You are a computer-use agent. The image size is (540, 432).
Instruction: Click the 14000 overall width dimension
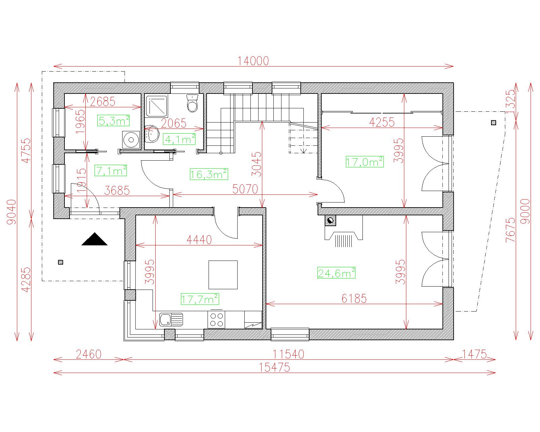(253, 61)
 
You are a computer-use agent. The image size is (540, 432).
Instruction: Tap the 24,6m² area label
(336, 273)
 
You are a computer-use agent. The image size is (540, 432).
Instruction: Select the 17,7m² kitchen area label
(200, 299)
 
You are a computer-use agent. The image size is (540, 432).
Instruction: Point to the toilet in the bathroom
(192, 103)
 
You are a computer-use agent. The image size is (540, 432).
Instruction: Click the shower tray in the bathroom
(156, 106)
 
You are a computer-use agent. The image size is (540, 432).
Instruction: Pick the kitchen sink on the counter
(171, 319)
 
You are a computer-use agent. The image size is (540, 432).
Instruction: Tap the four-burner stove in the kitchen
(216, 320)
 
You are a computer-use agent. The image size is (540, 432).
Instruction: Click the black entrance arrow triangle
(94, 239)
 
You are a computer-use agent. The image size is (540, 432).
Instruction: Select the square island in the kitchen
(223, 275)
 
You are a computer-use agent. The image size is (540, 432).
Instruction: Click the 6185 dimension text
(354, 298)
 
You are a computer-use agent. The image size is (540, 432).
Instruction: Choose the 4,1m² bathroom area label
(179, 139)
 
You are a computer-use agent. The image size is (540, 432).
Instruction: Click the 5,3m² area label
(113, 120)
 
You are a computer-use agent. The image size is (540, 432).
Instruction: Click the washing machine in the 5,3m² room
(131, 140)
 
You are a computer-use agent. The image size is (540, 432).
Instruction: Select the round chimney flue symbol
(330, 221)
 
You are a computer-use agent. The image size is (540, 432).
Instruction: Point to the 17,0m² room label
(364, 162)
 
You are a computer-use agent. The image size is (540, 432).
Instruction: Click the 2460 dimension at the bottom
(88, 354)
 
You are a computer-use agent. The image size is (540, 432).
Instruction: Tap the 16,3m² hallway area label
(209, 174)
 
